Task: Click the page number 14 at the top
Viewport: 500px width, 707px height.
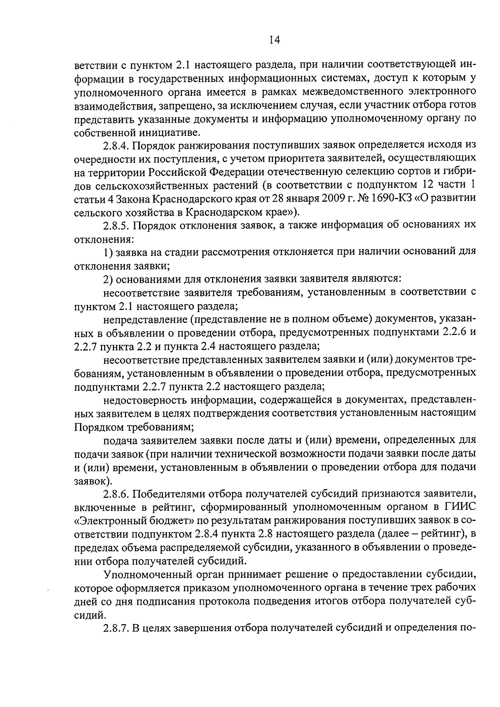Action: (x=275, y=40)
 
